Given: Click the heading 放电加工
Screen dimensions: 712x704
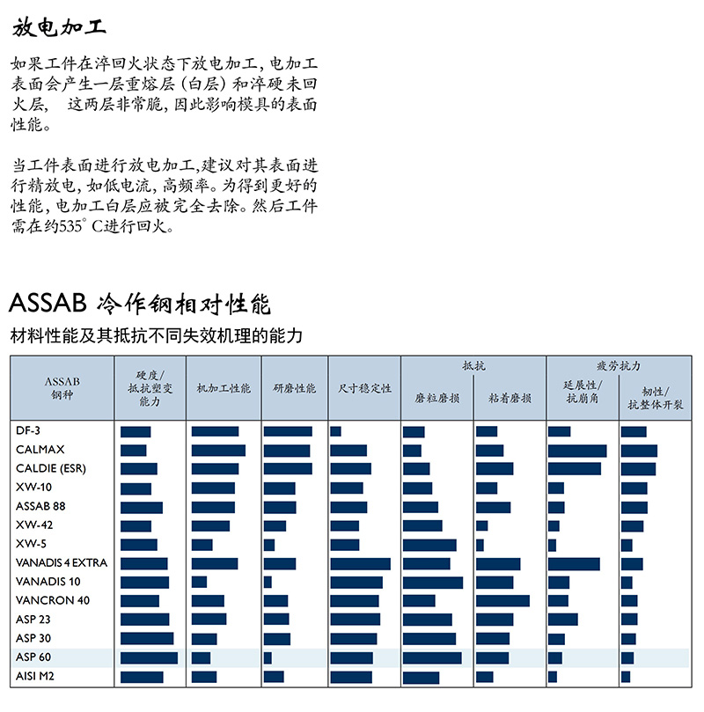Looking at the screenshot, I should pos(60,27).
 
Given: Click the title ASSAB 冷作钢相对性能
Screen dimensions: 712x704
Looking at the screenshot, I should pos(140,305).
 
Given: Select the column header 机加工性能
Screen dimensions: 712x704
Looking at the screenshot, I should pos(223,388).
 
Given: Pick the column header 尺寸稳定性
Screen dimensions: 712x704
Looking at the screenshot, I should pos(364,388).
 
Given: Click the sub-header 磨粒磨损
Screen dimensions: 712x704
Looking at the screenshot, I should pos(436,398).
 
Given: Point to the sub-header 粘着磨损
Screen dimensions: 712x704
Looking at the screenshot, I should pos(510,398).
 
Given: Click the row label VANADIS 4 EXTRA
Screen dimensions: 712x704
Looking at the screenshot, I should pos(62,563).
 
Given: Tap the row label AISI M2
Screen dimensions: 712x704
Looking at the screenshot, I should pos(35,676).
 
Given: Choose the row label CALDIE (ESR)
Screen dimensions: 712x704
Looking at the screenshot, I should pos(51,468).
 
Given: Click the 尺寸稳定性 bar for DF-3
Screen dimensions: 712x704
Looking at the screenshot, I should pos(335,431).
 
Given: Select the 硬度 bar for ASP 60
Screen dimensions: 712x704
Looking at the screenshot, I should pos(149,657).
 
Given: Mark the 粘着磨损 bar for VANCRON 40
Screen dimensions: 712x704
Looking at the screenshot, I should pos(502,601).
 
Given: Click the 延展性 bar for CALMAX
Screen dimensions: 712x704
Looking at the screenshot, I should pos(576,451).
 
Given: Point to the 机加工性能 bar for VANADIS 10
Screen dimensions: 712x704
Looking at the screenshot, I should pos(199,582).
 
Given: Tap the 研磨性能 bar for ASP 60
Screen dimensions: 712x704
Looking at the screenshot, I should pos(268,657).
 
